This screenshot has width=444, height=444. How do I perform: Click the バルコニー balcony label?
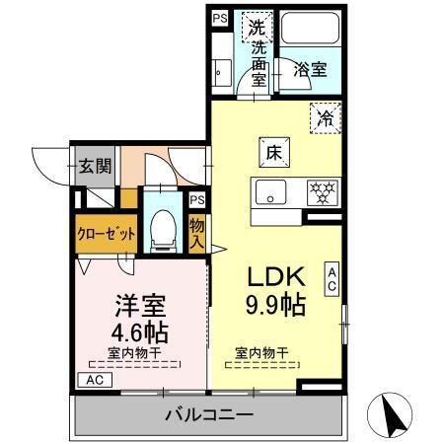tap(209, 414)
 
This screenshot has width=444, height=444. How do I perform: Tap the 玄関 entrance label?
tap(95, 165)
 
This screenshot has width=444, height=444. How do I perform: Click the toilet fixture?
tap(162, 230)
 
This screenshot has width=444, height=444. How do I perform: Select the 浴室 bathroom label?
tap(311, 70)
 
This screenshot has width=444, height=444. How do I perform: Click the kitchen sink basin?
tap(269, 190)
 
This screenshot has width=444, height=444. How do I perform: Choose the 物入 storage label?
tap(196, 236)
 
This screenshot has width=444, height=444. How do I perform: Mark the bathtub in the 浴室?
tap(310, 28)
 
